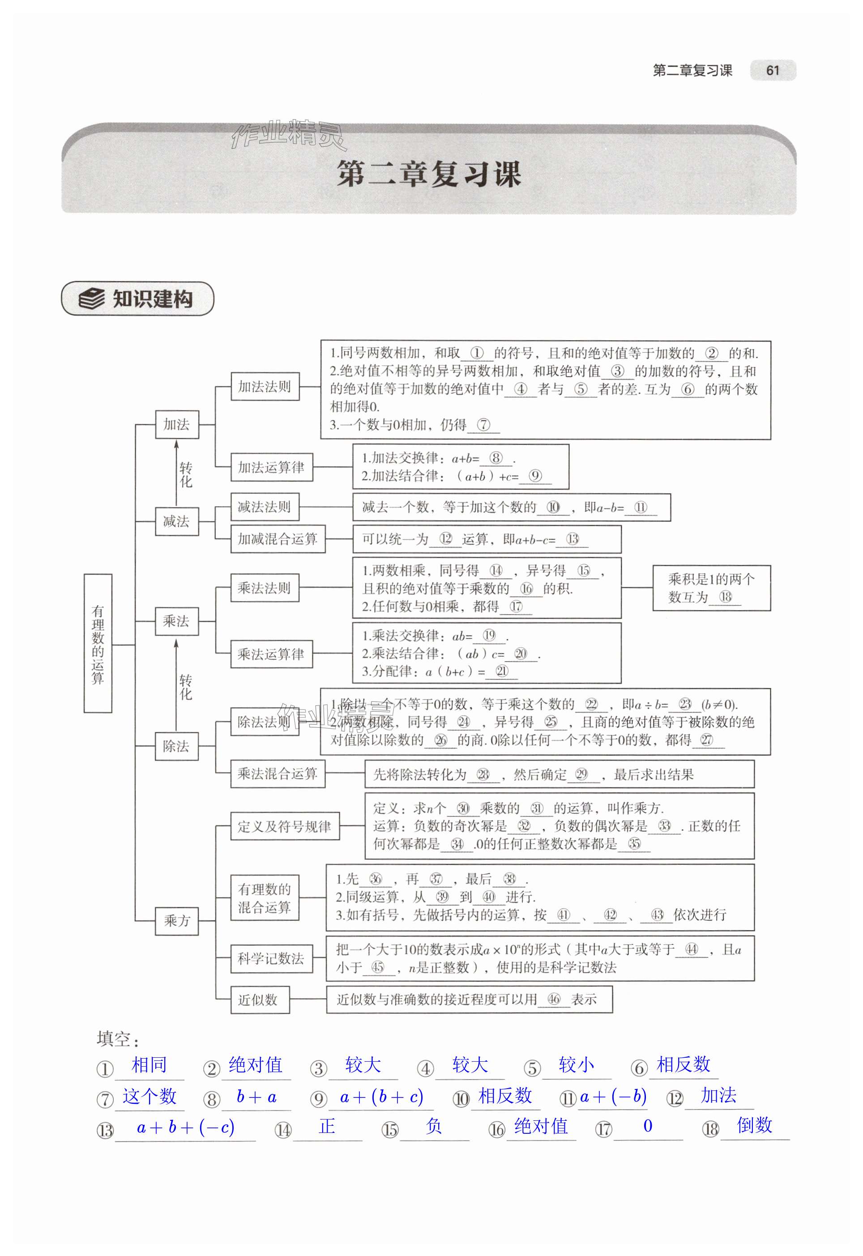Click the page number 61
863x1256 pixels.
[772, 70]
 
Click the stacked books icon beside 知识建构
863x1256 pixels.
[92, 299]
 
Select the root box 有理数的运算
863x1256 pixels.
[98, 643]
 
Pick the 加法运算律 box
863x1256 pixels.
[271, 467]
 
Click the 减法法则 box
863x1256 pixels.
[265, 507]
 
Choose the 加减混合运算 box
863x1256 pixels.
[278, 538]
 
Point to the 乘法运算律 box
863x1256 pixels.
[271, 654]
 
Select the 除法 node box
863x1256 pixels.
[176, 746]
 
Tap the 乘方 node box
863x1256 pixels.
[177, 921]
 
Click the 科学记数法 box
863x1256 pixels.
[271, 959]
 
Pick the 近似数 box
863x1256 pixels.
[260, 1000]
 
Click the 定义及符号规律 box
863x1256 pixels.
[284, 826]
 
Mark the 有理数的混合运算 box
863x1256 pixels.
[265, 897]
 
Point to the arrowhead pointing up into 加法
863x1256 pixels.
[176, 444]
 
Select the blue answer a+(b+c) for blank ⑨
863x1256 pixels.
[381, 1097]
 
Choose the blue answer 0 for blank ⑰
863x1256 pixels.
[648, 1126]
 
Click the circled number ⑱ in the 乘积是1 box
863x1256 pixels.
[726, 597]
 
